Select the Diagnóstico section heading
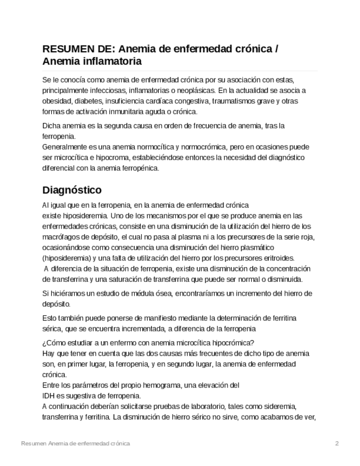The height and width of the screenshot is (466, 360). (72, 190)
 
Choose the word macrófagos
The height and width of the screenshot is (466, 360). (60, 237)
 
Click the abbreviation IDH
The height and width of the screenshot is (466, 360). (48, 396)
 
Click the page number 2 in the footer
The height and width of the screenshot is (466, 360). (337, 443)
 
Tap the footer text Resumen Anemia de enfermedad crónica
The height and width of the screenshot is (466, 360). (75, 443)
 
